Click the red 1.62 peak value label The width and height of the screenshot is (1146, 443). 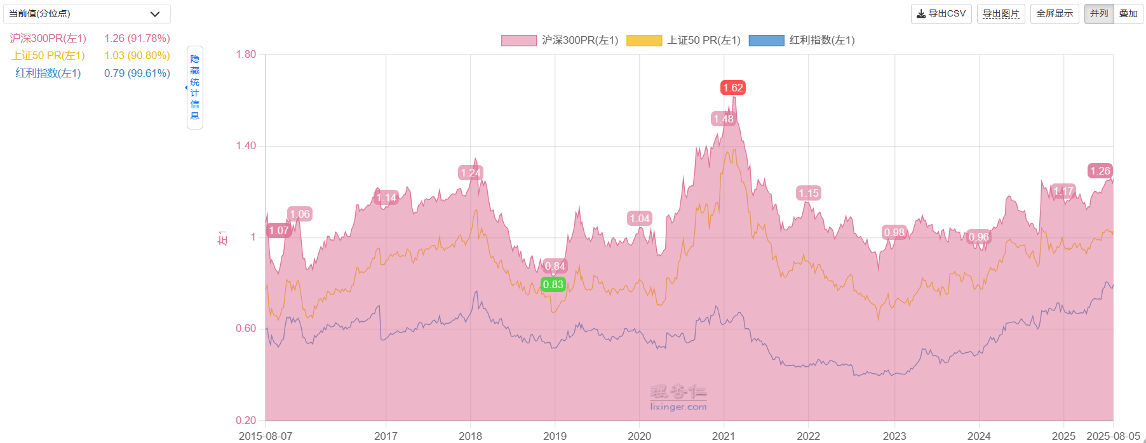(x=732, y=88)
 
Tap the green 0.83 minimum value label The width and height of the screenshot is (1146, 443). (x=553, y=284)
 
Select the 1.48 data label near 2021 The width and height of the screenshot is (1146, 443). (x=723, y=119)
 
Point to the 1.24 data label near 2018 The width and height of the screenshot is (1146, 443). (x=471, y=173)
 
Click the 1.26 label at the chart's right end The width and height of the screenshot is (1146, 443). (x=1100, y=171)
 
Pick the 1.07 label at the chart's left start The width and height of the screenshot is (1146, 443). (x=278, y=230)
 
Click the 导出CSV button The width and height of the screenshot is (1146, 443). (x=941, y=13)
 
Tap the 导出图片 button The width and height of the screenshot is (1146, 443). (x=1001, y=13)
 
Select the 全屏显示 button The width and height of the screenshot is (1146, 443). (x=1055, y=13)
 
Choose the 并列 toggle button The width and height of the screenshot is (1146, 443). (x=1099, y=13)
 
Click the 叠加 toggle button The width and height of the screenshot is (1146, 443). (x=1128, y=13)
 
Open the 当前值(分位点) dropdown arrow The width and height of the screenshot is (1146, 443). (x=155, y=14)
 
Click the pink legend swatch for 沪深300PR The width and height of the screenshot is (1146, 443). (x=518, y=41)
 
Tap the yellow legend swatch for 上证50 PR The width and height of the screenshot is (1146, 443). (x=644, y=41)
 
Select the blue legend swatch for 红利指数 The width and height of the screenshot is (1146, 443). (x=766, y=41)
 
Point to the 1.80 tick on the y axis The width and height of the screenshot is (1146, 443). (x=246, y=55)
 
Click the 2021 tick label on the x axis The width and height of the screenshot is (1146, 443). (x=724, y=436)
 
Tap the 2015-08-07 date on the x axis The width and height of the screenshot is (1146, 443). (x=266, y=436)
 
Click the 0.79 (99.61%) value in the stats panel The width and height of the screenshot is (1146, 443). (x=137, y=73)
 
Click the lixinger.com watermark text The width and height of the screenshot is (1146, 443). (x=678, y=407)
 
